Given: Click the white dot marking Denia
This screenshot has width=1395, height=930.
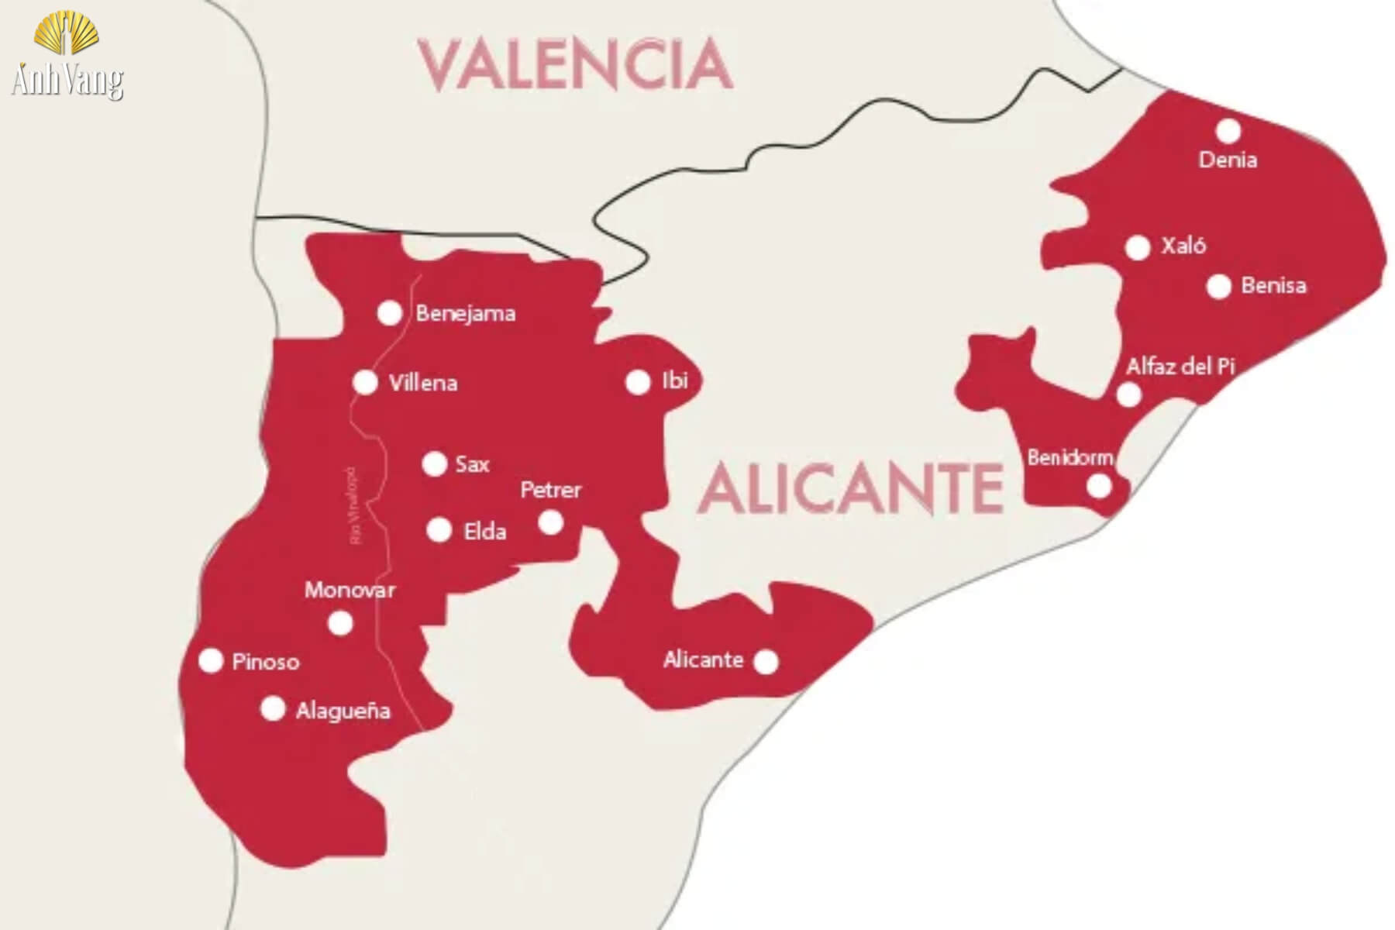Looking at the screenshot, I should click(x=1228, y=131).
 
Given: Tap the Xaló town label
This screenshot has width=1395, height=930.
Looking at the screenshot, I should click(x=1183, y=246).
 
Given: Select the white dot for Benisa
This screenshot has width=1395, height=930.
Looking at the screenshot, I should click(x=1219, y=287).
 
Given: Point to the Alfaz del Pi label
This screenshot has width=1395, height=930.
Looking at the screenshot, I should click(x=1180, y=367).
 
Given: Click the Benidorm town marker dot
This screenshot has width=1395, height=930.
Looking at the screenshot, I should click(x=1099, y=487).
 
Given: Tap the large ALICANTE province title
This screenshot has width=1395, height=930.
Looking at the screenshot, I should click(x=851, y=488).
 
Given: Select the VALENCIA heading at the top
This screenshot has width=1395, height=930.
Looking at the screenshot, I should click(x=575, y=65).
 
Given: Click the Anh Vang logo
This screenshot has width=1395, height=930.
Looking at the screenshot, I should click(x=67, y=56).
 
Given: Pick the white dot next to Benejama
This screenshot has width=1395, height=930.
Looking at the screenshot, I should click(x=389, y=314).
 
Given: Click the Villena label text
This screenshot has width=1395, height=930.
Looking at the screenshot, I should click(x=423, y=383).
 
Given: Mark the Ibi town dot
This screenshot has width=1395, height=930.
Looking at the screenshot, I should click(x=638, y=382).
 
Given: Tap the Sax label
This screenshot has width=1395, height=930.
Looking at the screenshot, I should click(x=472, y=465).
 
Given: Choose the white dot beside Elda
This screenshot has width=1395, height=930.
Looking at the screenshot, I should click(x=439, y=531).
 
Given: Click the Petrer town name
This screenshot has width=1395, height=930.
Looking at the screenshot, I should click(x=550, y=490).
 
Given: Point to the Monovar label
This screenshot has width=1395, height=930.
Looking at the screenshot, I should click(x=350, y=591).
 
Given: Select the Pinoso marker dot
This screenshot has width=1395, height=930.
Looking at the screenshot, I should click(x=211, y=661).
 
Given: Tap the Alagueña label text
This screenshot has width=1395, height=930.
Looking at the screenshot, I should click(x=343, y=711).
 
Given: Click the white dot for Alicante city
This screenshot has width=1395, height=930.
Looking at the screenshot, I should click(x=766, y=662).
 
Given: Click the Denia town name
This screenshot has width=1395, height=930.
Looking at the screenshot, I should click(x=1228, y=160).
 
